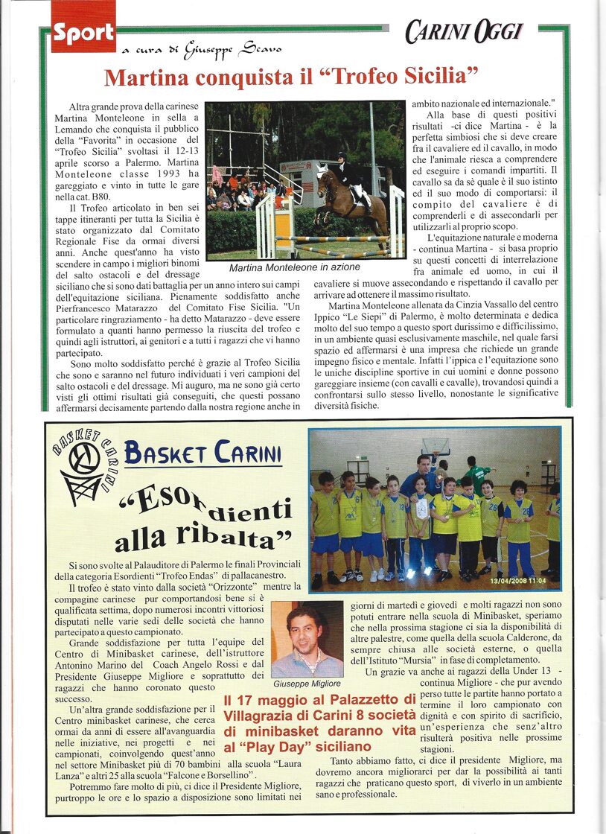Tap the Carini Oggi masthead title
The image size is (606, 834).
click(464, 32)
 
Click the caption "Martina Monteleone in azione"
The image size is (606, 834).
click(294, 267)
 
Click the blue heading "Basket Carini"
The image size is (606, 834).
click(202, 452)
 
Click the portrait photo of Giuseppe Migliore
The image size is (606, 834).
click(307, 639)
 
